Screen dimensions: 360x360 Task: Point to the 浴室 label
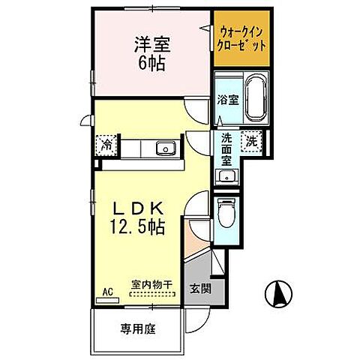[229, 99]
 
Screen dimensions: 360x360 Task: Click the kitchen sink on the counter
[165, 148]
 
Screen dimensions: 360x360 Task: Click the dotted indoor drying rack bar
[151, 296]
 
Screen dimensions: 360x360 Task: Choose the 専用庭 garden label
[136, 328]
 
